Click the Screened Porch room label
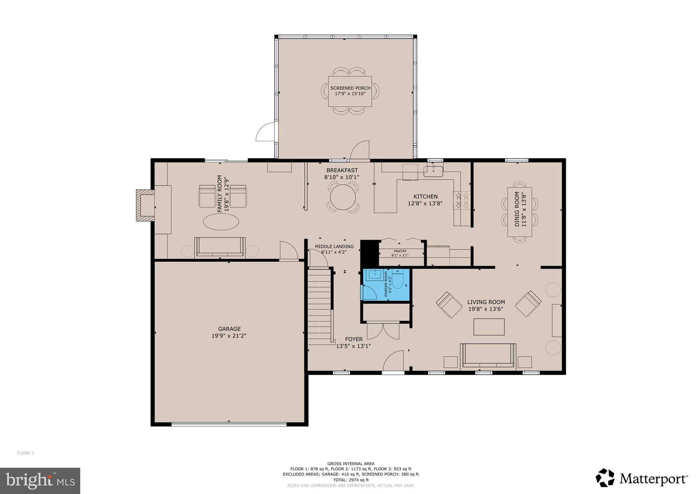[x=350, y=88]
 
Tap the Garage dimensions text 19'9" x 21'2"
[x=229, y=336]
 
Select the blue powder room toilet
[x=398, y=279]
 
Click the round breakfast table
[x=343, y=197]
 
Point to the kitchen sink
[x=433, y=171]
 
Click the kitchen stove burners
[x=462, y=200]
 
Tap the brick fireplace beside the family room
[x=145, y=205]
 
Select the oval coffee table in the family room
[x=221, y=222]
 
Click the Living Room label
[x=486, y=302]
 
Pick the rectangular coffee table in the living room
[x=489, y=327]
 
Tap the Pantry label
[x=400, y=251]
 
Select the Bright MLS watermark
[x=40, y=481]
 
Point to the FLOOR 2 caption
[x=26, y=453]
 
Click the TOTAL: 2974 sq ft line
[x=351, y=480]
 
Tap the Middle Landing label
[x=334, y=246]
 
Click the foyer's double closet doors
[x=383, y=331]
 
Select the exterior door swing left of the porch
[x=266, y=132]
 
